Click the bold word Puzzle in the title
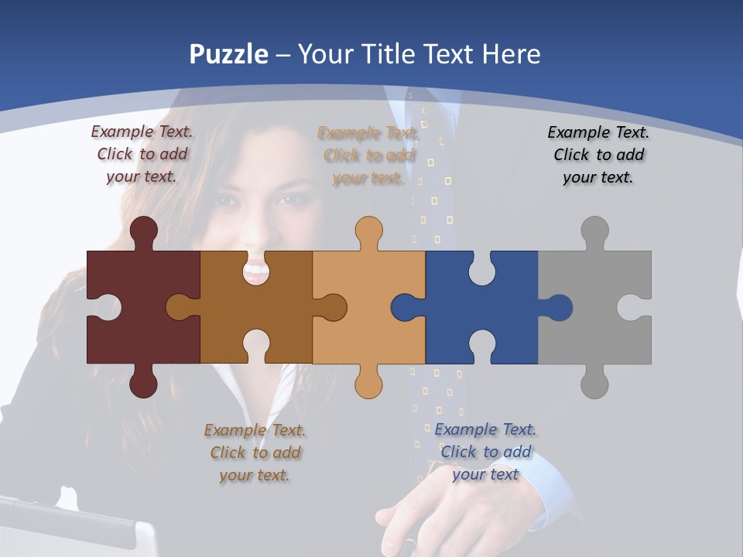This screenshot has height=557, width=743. (x=229, y=55)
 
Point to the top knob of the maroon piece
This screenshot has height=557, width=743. (x=144, y=231)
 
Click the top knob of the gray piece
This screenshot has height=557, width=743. (x=594, y=231)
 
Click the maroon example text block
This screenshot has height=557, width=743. (x=142, y=154)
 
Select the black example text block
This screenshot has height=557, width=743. (x=598, y=155)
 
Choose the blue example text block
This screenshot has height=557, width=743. (x=485, y=452)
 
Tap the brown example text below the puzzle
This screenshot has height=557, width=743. (x=255, y=453)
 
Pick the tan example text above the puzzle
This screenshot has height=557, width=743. (x=368, y=155)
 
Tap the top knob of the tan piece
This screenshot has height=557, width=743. (x=368, y=231)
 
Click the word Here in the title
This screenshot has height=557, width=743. (x=511, y=54)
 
